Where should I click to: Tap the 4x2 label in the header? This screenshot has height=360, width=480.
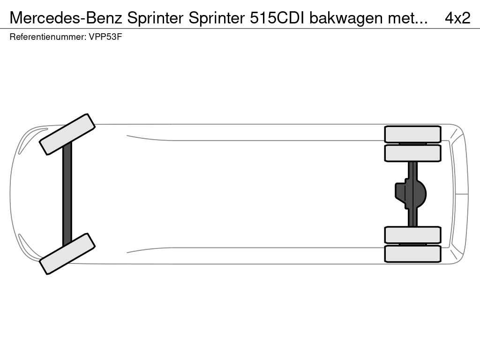457,18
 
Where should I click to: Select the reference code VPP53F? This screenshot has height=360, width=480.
105,37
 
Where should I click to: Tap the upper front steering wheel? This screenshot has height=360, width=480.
67,134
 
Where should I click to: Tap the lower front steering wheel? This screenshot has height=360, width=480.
67,254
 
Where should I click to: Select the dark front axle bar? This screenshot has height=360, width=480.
67,194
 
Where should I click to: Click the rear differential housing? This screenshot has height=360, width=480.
417,194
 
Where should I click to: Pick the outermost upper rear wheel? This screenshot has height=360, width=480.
412,134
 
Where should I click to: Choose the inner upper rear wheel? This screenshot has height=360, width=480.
412,153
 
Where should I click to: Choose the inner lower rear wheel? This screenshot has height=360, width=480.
412,235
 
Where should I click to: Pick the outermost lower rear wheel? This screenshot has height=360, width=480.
412,254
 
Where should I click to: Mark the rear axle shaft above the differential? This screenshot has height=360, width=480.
412,170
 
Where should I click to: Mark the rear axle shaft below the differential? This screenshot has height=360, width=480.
412,218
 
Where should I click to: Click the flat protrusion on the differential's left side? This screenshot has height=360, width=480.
400,192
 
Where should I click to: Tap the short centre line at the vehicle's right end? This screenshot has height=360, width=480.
461,194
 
